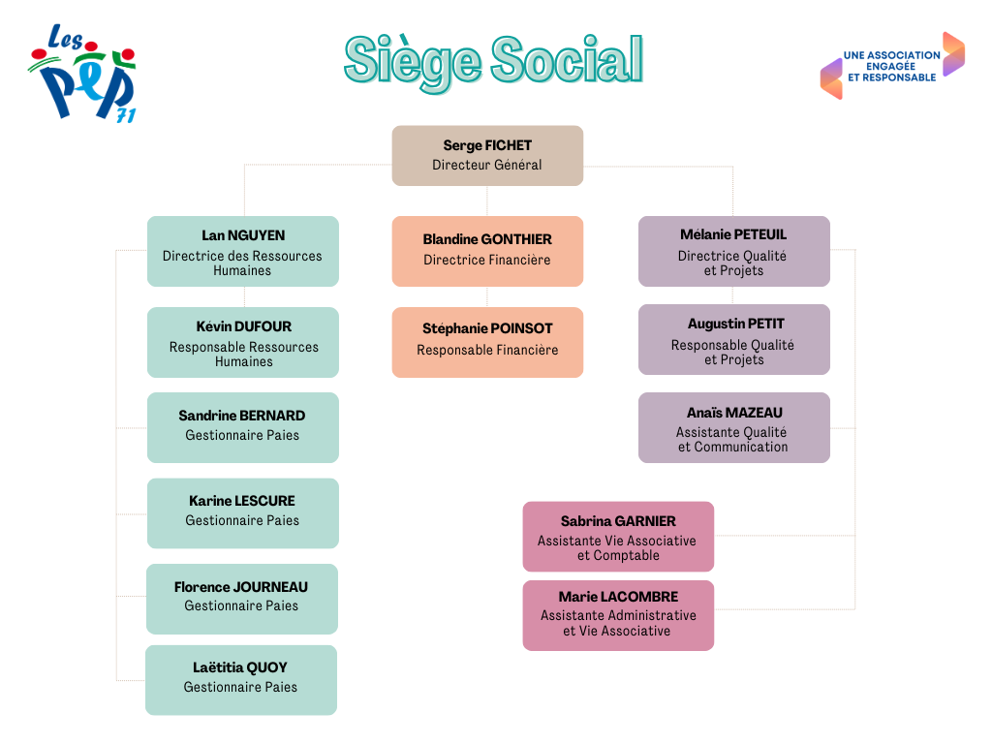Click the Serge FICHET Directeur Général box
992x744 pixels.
tap(487, 156)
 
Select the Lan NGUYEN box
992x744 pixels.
tap(243, 251)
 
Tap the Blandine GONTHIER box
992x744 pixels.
tap(487, 251)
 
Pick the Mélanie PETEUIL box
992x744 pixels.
tap(734, 251)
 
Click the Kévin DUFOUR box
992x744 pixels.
tap(243, 342)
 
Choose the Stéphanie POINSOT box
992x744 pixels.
tap(487, 342)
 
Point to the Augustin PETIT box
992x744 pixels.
tap(734, 340)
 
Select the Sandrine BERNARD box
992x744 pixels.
tap(243, 427)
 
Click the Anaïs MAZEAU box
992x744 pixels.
tap(734, 427)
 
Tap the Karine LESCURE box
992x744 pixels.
tap(243, 513)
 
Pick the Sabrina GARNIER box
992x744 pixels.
tap(618, 537)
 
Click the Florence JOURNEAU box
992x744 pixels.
tap(241, 599)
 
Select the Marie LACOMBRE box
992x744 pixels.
tap(618, 615)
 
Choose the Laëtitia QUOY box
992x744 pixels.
tap(241, 680)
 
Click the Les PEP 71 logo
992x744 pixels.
tap(82, 73)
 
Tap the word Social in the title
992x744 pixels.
tap(567, 59)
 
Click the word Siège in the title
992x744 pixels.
tap(413, 62)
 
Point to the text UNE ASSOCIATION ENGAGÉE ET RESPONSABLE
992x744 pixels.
tap(892, 67)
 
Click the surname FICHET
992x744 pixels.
tap(509, 145)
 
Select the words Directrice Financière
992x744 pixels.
tap(487, 260)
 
